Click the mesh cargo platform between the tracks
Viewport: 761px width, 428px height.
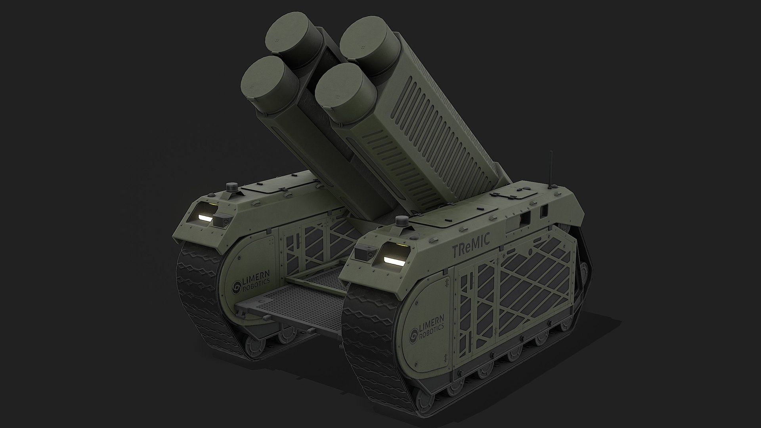coord(301,301)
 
